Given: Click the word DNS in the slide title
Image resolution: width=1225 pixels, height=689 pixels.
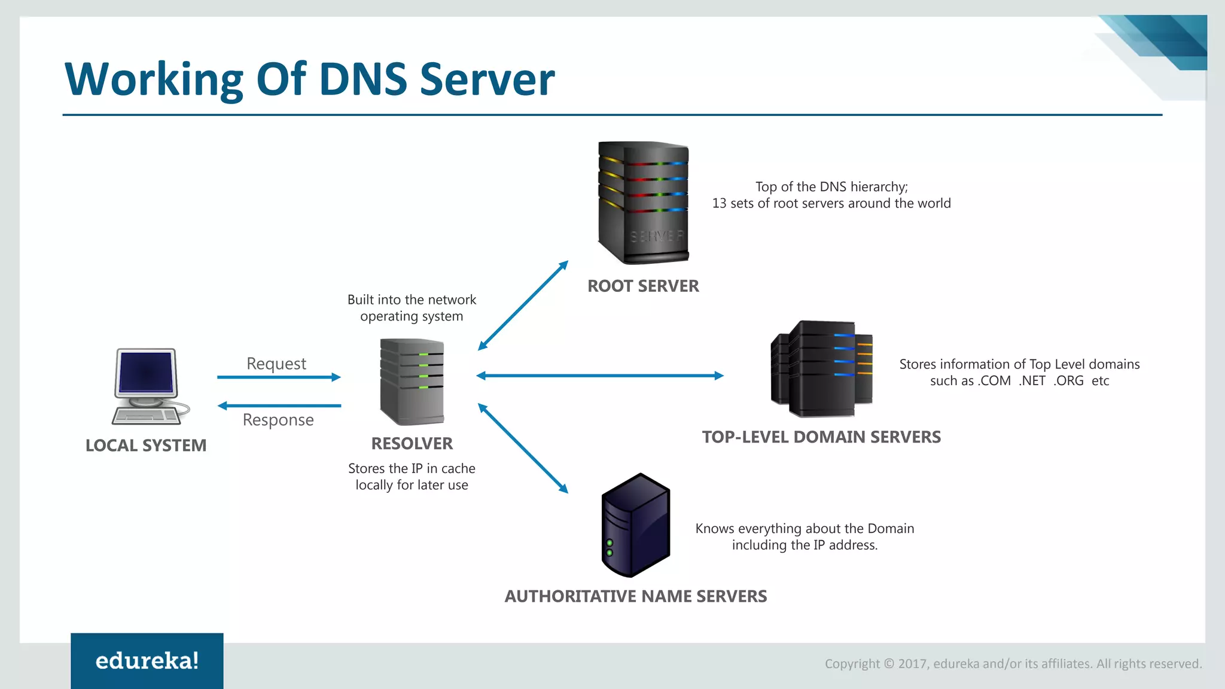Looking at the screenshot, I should (x=362, y=79).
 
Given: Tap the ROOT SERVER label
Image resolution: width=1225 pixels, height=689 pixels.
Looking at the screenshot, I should (x=643, y=286).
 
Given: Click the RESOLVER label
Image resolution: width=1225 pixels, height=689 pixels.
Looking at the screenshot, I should (x=412, y=443).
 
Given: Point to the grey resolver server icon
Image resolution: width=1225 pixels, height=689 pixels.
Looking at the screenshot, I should (x=412, y=382).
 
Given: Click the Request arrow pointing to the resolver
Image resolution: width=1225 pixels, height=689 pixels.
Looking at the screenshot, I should (x=279, y=377).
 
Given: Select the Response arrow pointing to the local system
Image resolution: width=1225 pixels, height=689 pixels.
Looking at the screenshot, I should (x=279, y=406).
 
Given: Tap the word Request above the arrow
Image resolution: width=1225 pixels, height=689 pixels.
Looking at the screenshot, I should (x=276, y=364).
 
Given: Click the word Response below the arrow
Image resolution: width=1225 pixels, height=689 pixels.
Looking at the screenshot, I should (x=278, y=420).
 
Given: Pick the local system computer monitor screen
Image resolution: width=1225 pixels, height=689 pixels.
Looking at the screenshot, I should (x=146, y=371).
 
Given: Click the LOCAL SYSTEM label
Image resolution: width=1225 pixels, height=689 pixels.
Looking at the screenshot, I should (x=146, y=446).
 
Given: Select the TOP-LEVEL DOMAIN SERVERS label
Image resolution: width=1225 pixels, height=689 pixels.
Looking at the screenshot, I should (x=821, y=437).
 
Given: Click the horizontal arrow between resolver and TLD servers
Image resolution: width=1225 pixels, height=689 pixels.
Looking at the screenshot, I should (x=600, y=376).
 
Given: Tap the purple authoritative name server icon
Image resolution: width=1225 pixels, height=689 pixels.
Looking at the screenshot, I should (x=635, y=525).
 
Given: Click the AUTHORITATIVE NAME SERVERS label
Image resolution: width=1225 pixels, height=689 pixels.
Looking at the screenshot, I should (x=635, y=596).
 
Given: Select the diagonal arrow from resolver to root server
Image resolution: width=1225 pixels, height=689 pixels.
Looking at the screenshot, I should (x=523, y=305).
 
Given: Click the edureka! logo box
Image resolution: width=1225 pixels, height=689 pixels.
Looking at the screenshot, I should (x=147, y=660).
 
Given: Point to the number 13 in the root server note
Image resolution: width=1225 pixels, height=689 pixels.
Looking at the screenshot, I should (x=719, y=203).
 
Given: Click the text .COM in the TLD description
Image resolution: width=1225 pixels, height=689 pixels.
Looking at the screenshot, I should (x=994, y=381).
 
